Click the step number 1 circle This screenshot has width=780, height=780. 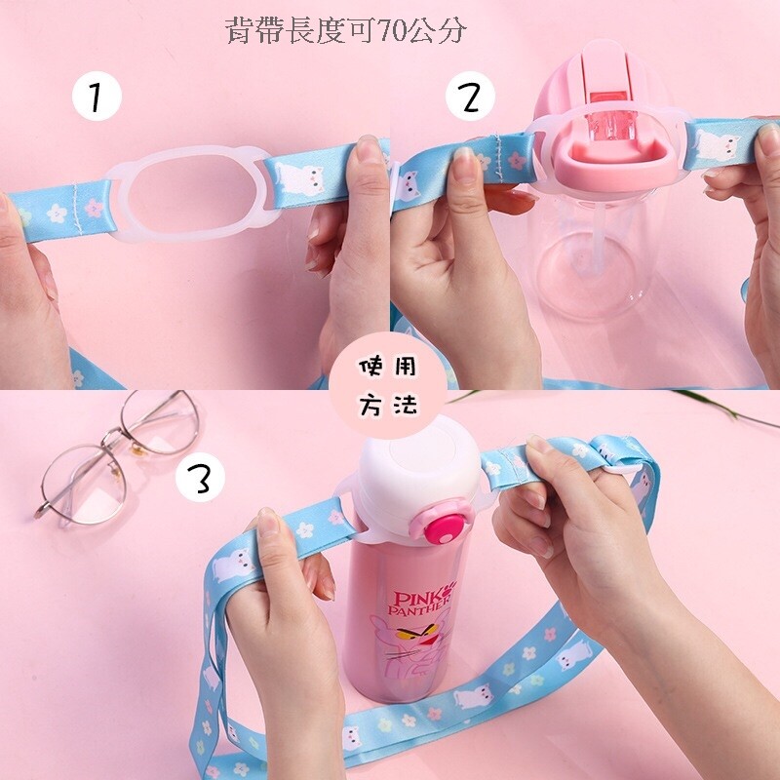97,96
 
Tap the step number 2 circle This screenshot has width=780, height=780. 470,96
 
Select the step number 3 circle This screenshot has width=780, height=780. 200,477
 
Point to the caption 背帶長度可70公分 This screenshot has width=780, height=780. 346,30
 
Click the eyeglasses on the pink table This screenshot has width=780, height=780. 118,458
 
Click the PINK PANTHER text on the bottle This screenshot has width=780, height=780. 420,603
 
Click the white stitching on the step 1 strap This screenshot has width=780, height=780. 77,208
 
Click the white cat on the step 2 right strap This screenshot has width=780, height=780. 717,144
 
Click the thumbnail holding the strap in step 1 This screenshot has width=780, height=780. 370,149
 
